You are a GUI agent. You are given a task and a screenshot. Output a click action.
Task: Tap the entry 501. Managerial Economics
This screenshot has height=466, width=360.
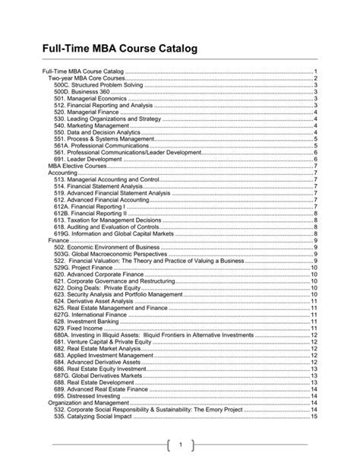(x=87, y=98)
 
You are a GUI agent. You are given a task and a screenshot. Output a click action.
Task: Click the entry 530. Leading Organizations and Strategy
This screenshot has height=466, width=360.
(x=107, y=119)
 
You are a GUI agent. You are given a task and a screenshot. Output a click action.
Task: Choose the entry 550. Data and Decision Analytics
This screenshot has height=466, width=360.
(x=96, y=132)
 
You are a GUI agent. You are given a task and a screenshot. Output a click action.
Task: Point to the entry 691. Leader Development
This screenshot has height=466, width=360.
(x=87, y=160)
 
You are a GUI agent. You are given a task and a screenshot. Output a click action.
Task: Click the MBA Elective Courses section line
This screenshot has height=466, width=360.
(x=77, y=166)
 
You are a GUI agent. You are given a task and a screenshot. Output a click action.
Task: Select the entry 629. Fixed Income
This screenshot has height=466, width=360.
(x=79, y=328)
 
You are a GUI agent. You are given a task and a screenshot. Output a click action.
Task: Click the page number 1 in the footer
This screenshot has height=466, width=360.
(x=180, y=445)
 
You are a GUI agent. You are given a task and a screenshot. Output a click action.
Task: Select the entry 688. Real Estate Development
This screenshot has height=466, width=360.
(x=94, y=382)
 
